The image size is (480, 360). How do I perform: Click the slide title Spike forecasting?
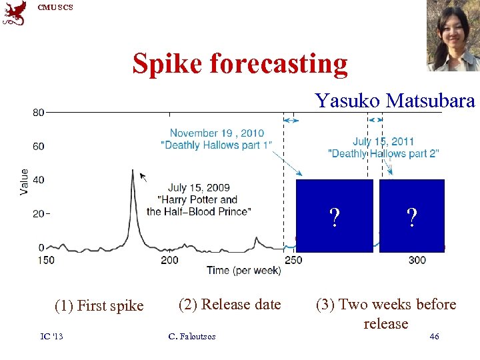tap(240, 64)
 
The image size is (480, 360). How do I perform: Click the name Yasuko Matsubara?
tap(395, 101)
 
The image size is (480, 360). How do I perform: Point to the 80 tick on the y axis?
tap(39, 113)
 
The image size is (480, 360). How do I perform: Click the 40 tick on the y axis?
tap(39, 180)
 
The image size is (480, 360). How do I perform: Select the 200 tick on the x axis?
tap(169, 260)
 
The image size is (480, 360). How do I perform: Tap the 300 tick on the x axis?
tap(417, 260)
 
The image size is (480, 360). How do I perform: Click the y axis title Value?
tap(25, 181)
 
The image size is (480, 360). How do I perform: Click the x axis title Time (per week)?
tap(243, 271)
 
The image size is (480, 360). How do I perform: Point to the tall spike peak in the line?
tap(133, 171)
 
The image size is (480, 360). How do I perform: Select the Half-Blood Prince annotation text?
tap(199, 199)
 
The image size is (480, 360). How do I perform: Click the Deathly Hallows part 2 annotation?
tap(383, 147)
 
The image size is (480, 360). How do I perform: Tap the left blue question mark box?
tap(334, 216)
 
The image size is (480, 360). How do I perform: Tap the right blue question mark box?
tap(412, 216)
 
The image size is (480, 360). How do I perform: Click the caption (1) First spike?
tap(99, 306)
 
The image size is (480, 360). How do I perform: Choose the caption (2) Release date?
tap(230, 304)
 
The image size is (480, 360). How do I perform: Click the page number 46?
tap(434, 337)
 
